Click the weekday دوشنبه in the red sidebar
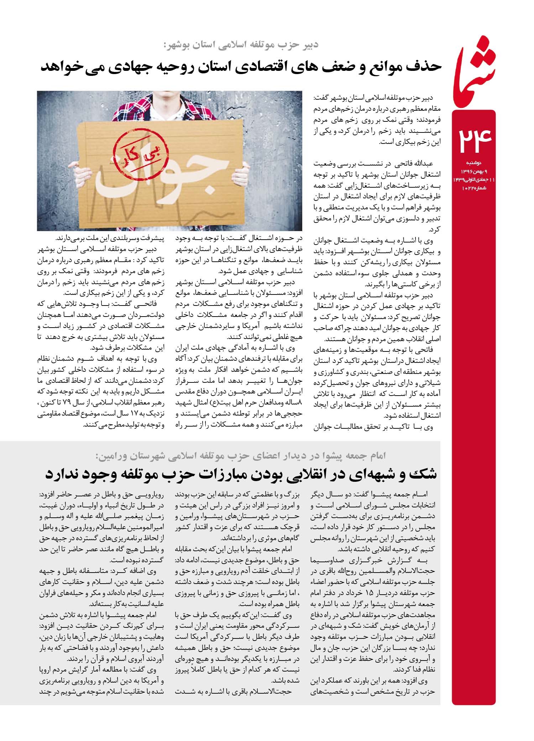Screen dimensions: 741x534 click(x=474, y=163)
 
